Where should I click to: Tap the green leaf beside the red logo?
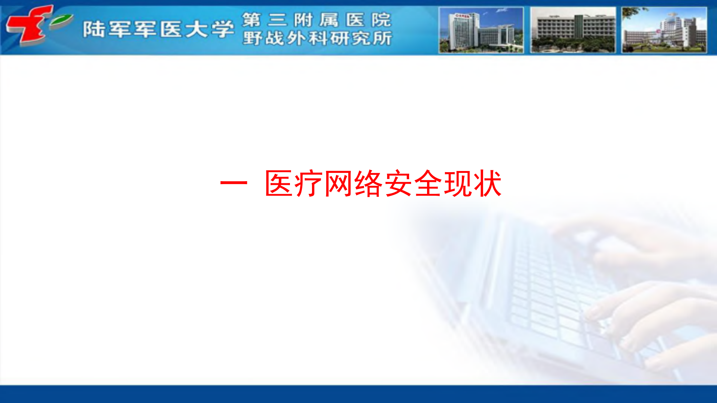click(61, 21)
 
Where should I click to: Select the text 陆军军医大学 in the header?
click(158, 30)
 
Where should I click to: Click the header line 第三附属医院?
click(316, 20)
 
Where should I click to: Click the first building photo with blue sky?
click(481, 30)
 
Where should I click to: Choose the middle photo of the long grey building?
click(573, 30)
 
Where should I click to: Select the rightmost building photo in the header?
click(664, 30)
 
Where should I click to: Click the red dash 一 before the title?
click(234, 183)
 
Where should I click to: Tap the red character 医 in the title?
click(279, 183)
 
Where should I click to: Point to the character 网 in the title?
click(338, 183)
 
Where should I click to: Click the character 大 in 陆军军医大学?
click(197, 30)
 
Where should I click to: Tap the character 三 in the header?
click(278, 20)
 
